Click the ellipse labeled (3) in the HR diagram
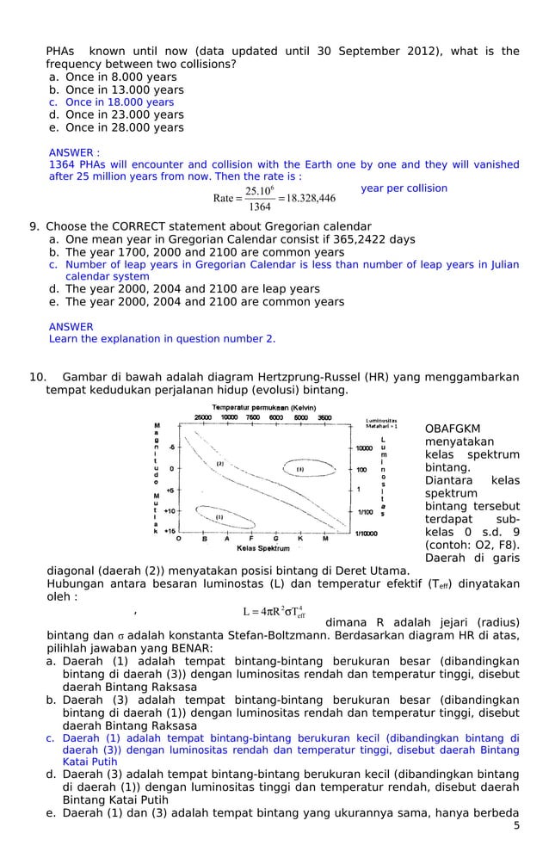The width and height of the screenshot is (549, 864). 300,469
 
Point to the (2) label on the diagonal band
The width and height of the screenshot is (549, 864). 220,464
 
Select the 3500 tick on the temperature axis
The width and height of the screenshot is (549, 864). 324,417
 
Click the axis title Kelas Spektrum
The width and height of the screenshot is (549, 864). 262,548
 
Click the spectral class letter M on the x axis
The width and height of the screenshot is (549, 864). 324,540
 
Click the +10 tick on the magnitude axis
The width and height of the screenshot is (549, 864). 170,511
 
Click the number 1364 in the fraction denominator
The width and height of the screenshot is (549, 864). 258,207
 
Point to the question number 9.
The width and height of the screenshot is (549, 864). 34,227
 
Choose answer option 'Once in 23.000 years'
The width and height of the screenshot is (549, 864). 124,114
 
